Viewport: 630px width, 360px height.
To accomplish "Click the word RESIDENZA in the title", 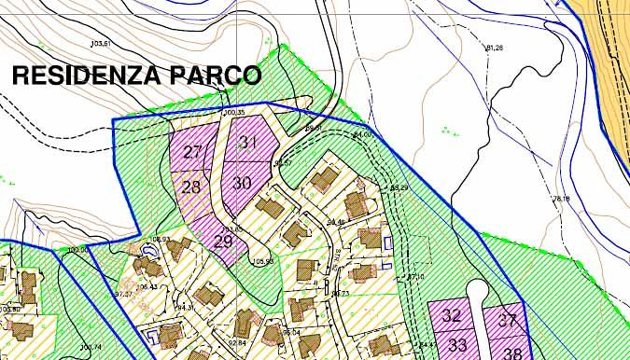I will click(82, 76).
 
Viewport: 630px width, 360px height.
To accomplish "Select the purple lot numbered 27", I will click(192, 152).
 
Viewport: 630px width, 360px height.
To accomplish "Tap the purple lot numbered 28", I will click(191, 187).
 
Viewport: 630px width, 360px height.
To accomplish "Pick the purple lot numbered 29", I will click(224, 241).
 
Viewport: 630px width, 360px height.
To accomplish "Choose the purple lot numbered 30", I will click(242, 183).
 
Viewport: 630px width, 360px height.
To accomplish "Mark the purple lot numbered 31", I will click(248, 143).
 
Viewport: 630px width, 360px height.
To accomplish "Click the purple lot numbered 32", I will click(452, 315).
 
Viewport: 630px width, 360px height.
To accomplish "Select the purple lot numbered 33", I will click(457, 345).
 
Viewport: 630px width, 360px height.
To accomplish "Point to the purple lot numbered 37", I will click(507, 319).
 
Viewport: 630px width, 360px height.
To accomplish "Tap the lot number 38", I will click(512, 352).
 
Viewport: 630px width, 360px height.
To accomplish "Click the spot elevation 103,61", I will click(100, 44).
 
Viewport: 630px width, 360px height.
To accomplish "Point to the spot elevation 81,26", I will click(495, 48).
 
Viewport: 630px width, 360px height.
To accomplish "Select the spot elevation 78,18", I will click(561, 199).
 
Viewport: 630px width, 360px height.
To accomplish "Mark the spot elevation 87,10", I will click(415, 277).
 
